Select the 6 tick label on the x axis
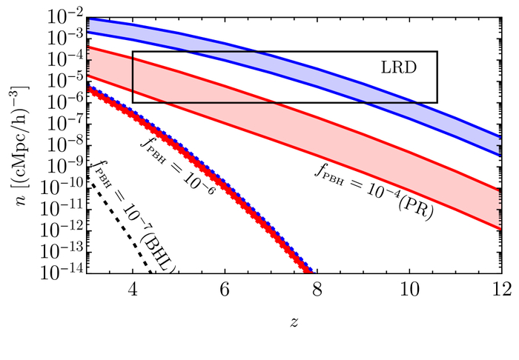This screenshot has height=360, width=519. (x=225, y=289)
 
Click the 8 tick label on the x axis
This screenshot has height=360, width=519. (x=317, y=289)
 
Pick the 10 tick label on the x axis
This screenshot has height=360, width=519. (x=409, y=289)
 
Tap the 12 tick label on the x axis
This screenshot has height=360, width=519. (x=501, y=289)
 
